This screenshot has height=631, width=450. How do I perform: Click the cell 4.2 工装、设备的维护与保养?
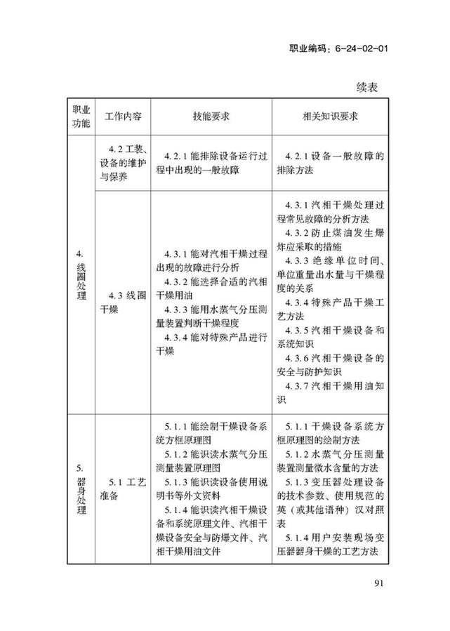tap(123, 163)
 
